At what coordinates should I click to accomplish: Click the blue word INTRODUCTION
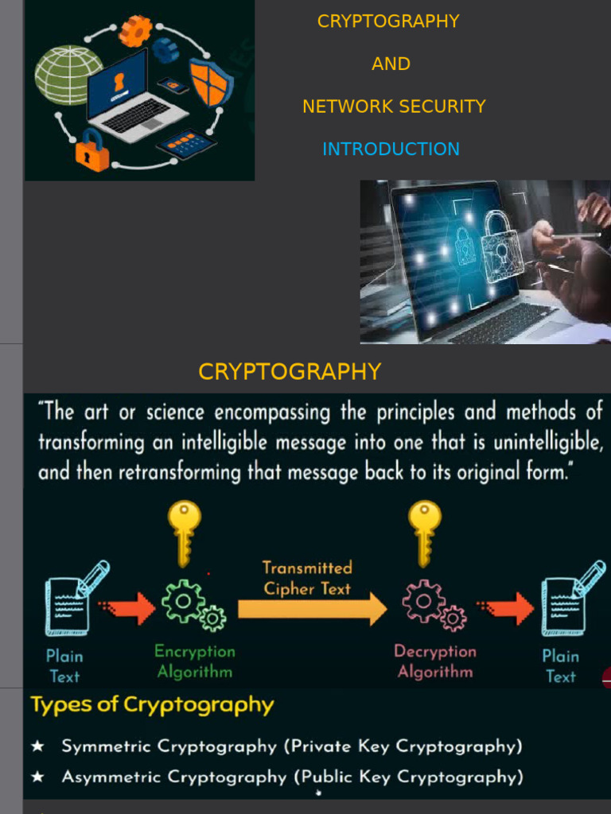pyautogui.click(x=391, y=149)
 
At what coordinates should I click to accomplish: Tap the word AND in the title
pyautogui.click(x=391, y=64)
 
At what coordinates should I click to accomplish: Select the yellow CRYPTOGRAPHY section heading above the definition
pyautogui.click(x=290, y=371)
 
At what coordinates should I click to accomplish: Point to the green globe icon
pyautogui.click(x=68, y=75)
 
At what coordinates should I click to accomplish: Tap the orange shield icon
pyautogui.click(x=211, y=83)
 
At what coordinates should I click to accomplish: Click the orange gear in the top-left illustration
pyautogui.click(x=135, y=30)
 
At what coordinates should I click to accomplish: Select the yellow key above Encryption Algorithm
pyautogui.click(x=185, y=532)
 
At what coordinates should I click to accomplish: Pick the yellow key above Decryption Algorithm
pyautogui.click(x=424, y=532)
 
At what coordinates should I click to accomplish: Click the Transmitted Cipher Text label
pyautogui.click(x=307, y=578)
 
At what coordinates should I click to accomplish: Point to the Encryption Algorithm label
pyautogui.click(x=195, y=661)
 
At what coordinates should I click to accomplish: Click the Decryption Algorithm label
pyautogui.click(x=435, y=661)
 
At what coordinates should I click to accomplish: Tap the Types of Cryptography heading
pyautogui.click(x=152, y=705)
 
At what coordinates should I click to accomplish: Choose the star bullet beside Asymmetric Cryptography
pyautogui.click(x=37, y=777)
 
